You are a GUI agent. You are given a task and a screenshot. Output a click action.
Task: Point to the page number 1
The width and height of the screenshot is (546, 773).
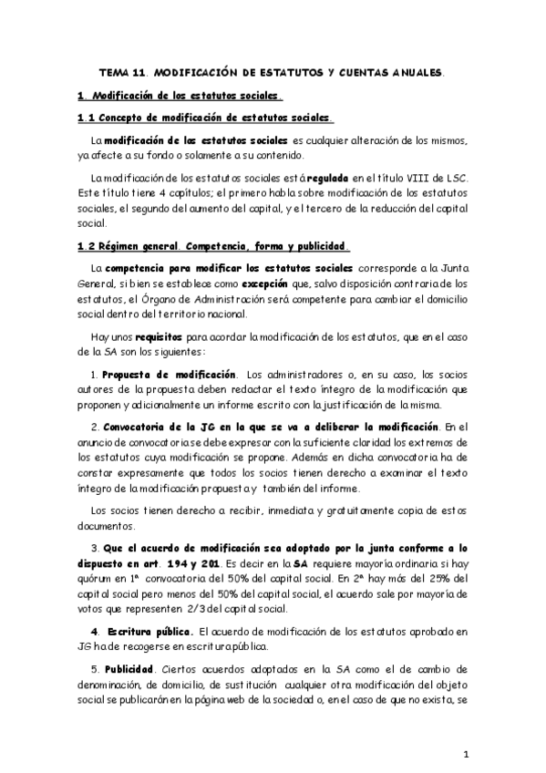(x=466, y=755)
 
